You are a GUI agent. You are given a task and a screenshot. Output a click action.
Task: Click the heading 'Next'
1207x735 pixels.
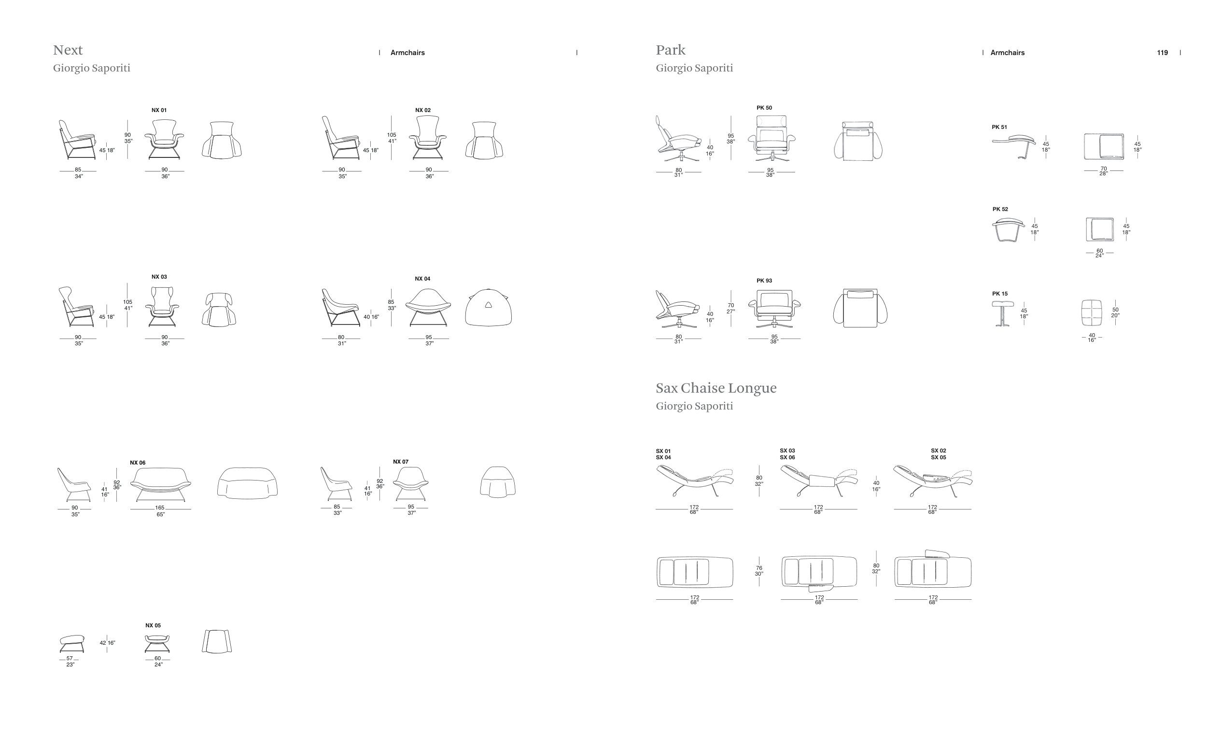tap(68, 50)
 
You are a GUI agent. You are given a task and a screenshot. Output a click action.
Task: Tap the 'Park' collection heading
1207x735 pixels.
tap(671, 50)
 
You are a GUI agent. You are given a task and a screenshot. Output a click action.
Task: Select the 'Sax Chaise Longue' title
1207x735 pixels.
tap(716, 388)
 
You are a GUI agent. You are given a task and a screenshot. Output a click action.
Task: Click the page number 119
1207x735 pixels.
tap(1163, 53)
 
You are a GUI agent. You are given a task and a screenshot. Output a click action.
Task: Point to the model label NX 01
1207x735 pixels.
tap(159, 110)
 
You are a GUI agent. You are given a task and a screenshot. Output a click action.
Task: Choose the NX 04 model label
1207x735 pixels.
tap(422, 279)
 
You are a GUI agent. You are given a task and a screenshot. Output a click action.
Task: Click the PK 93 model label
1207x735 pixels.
tap(764, 281)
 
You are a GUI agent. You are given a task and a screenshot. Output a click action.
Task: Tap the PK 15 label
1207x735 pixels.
tap(1000, 294)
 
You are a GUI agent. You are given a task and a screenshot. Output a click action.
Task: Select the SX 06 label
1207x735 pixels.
tap(787, 458)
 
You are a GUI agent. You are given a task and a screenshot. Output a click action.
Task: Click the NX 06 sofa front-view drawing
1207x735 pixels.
tap(161, 485)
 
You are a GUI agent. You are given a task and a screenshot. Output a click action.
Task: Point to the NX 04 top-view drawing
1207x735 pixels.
tap(489, 307)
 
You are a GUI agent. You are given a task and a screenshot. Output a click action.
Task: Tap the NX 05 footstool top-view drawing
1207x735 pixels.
tap(217, 641)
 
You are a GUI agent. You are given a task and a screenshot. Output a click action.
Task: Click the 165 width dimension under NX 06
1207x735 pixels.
tap(160, 508)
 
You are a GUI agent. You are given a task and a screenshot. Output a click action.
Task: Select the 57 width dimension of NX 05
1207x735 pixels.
tap(70, 659)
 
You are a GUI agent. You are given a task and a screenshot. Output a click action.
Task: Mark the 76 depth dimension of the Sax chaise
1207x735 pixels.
tap(759, 568)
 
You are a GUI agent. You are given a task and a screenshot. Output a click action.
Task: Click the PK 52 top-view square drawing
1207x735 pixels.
tap(1100, 229)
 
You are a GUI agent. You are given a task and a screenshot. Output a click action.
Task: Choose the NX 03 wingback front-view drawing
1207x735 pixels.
tap(162, 307)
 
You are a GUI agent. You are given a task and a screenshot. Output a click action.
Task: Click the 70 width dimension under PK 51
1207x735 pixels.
tap(1104, 169)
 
